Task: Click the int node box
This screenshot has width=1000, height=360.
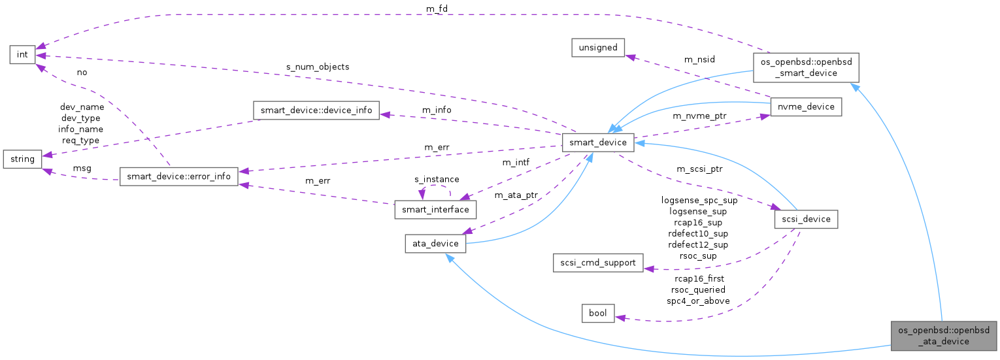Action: [x=22, y=54]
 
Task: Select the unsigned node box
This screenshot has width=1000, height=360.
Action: [x=598, y=48]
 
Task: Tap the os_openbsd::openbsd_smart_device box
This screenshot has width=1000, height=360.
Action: [x=805, y=67]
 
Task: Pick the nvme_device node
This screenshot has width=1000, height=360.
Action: [x=805, y=106]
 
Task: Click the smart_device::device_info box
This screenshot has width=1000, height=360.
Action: [x=316, y=110]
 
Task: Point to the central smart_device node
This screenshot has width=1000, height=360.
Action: [x=598, y=142]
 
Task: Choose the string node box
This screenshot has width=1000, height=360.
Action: [x=22, y=159]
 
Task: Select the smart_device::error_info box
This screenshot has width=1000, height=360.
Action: [x=178, y=176]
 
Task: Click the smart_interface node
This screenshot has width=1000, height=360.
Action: [x=435, y=209]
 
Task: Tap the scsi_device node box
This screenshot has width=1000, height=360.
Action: [x=805, y=219]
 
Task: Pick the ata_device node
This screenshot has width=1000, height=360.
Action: [x=435, y=244]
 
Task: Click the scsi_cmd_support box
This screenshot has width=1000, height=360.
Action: [x=597, y=263]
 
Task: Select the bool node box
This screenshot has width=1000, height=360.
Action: [x=598, y=314]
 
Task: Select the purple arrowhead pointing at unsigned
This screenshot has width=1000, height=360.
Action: [x=629, y=57]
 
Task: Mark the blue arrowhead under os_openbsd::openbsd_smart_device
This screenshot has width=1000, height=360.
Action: [x=852, y=86]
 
